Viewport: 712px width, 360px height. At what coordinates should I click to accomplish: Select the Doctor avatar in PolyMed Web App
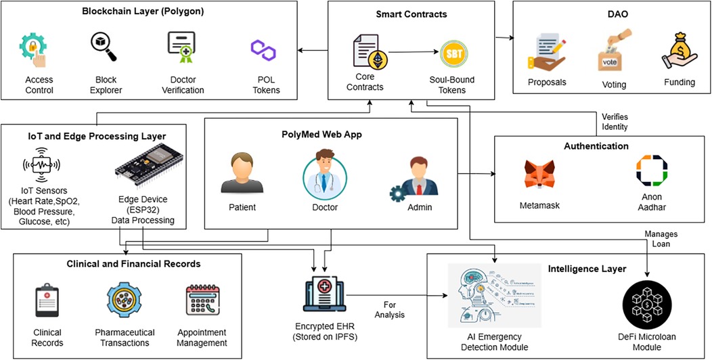pos(321,174)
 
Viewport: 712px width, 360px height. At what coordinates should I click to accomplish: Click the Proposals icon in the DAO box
pos(546,55)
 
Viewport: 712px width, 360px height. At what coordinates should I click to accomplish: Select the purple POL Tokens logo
pos(263,48)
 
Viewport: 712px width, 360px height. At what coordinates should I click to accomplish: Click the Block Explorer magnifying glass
pos(104,47)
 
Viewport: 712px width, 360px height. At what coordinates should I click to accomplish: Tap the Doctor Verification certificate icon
pos(181,48)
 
